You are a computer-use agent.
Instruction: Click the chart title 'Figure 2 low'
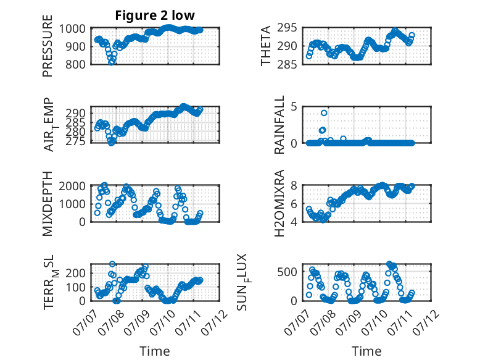(x=155, y=15)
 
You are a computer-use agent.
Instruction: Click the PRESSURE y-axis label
(x=48, y=46)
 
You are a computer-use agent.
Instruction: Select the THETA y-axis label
(x=266, y=46)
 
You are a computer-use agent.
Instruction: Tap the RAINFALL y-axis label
(x=279, y=124)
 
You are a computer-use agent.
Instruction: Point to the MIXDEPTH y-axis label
(x=48, y=203)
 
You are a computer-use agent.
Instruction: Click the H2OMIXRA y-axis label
(x=279, y=203)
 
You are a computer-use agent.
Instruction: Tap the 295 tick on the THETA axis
(x=287, y=28)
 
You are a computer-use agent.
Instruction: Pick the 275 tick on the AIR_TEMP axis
(x=75, y=141)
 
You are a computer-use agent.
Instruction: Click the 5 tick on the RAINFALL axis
(x=294, y=107)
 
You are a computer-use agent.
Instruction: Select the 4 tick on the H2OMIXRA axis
(x=294, y=222)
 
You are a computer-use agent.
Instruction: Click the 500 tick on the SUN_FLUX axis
(x=287, y=272)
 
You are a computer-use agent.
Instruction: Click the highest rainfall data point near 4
(x=324, y=113)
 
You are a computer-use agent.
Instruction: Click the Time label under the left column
(x=155, y=351)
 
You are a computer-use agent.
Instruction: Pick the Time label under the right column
(x=366, y=351)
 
